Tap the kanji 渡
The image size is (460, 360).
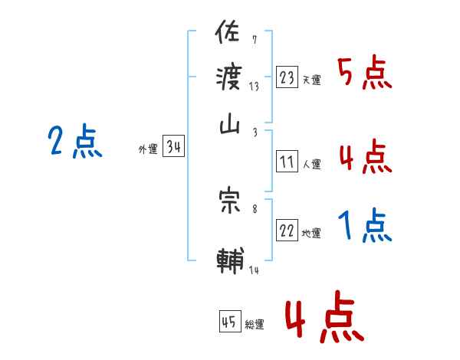coord(230,79)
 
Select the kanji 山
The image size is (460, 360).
coord(230,126)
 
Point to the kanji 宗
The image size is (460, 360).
coord(230,201)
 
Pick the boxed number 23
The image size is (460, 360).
coord(287,77)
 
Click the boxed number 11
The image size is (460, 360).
coord(287,162)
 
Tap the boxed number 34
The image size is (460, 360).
coord(173,147)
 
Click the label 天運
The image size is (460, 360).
coord(312,80)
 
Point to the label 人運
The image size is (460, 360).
coord(312,164)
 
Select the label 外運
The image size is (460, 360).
coord(147,149)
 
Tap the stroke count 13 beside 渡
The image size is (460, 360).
coord(254,87)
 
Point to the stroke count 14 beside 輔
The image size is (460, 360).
coord(255,270)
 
